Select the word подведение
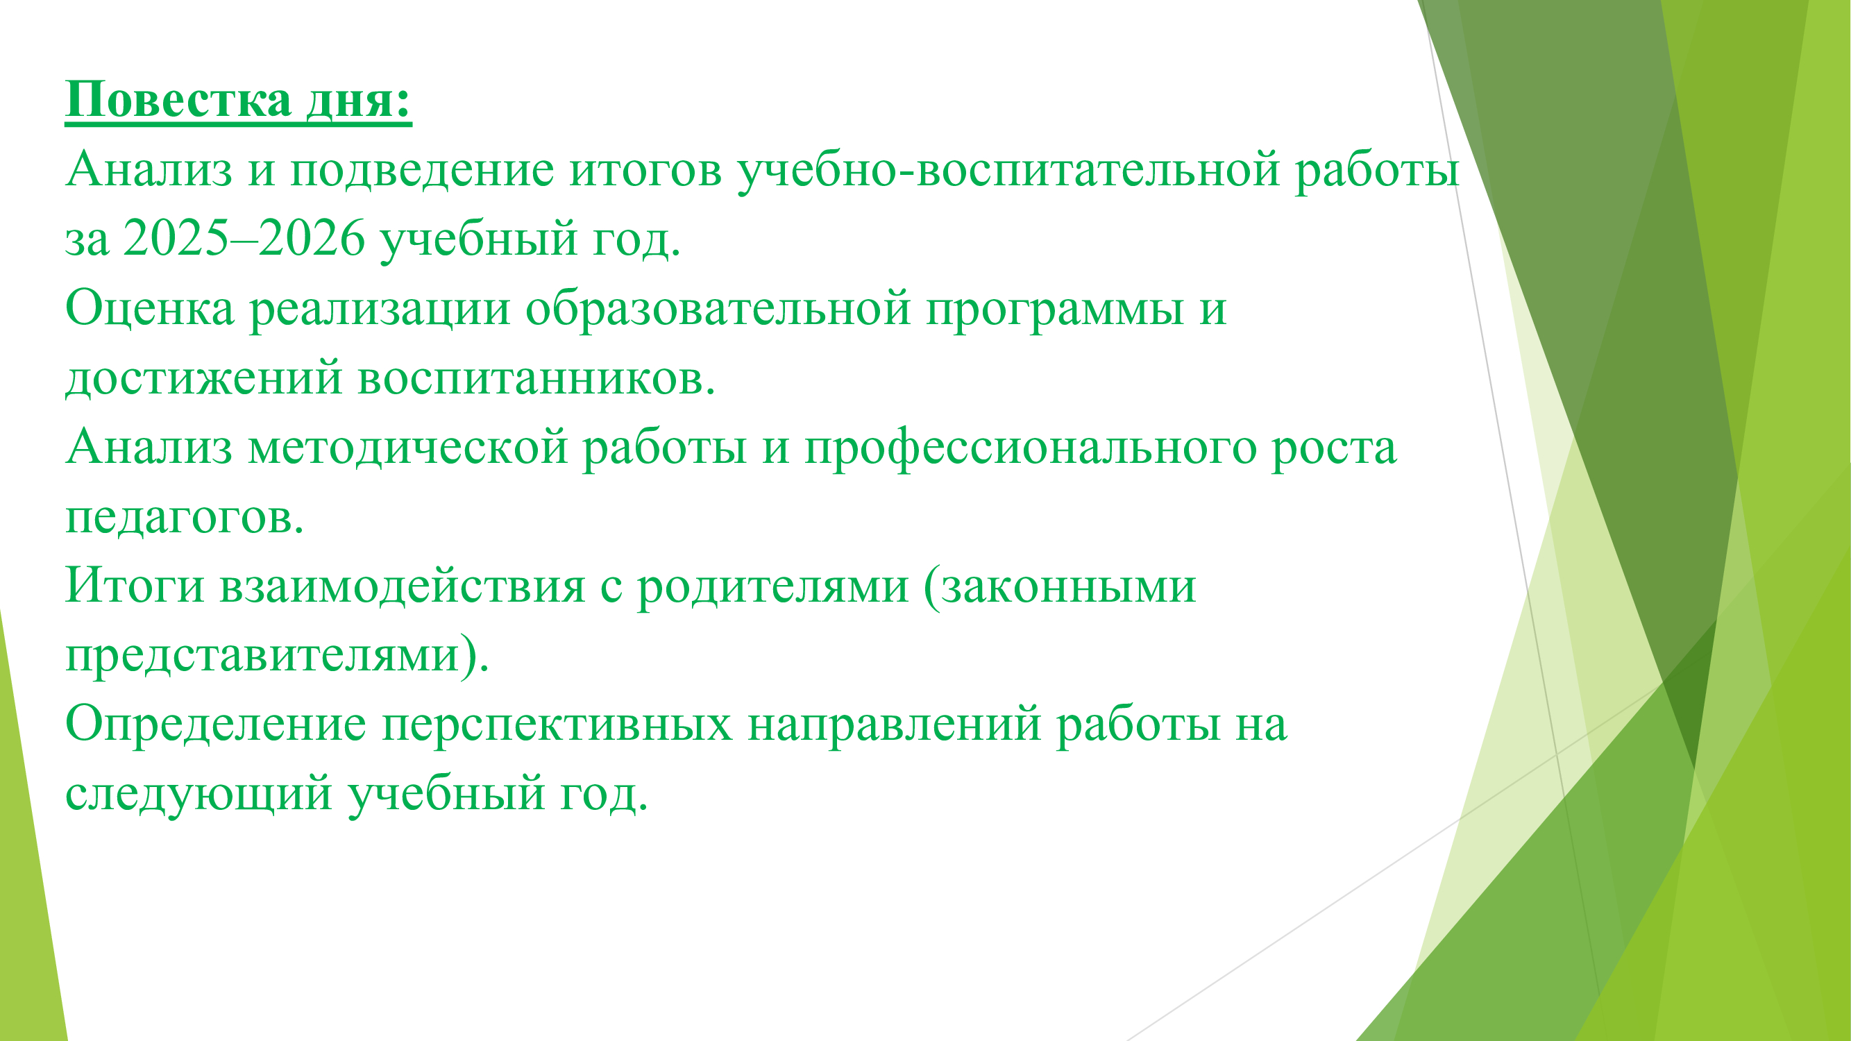(x=423, y=171)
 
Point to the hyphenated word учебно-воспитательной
(x=1009, y=171)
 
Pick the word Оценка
(x=150, y=308)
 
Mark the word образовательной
(x=718, y=308)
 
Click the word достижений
(x=204, y=379)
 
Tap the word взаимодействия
(x=403, y=585)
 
